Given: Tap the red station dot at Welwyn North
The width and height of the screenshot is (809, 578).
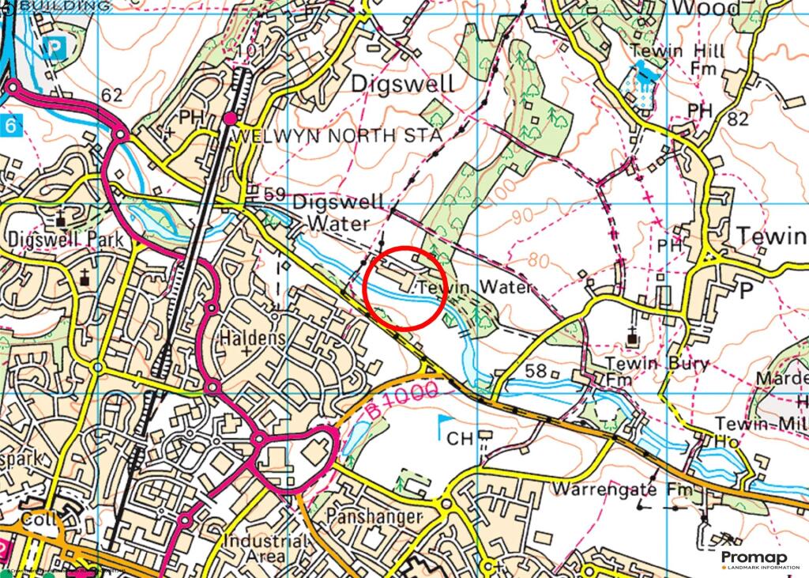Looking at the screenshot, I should (230, 119).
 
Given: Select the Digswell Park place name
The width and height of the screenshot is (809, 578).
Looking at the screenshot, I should (52, 239).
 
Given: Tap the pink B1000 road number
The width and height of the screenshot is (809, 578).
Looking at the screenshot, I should (402, 400).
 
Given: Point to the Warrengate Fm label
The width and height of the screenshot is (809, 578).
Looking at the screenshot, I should (623, 489).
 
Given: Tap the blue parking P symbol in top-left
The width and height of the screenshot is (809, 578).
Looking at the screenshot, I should (55, 47).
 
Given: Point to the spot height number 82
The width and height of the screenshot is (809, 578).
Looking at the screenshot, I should (738, 119).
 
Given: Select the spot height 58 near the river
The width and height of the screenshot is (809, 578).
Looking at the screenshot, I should (536, 372).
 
